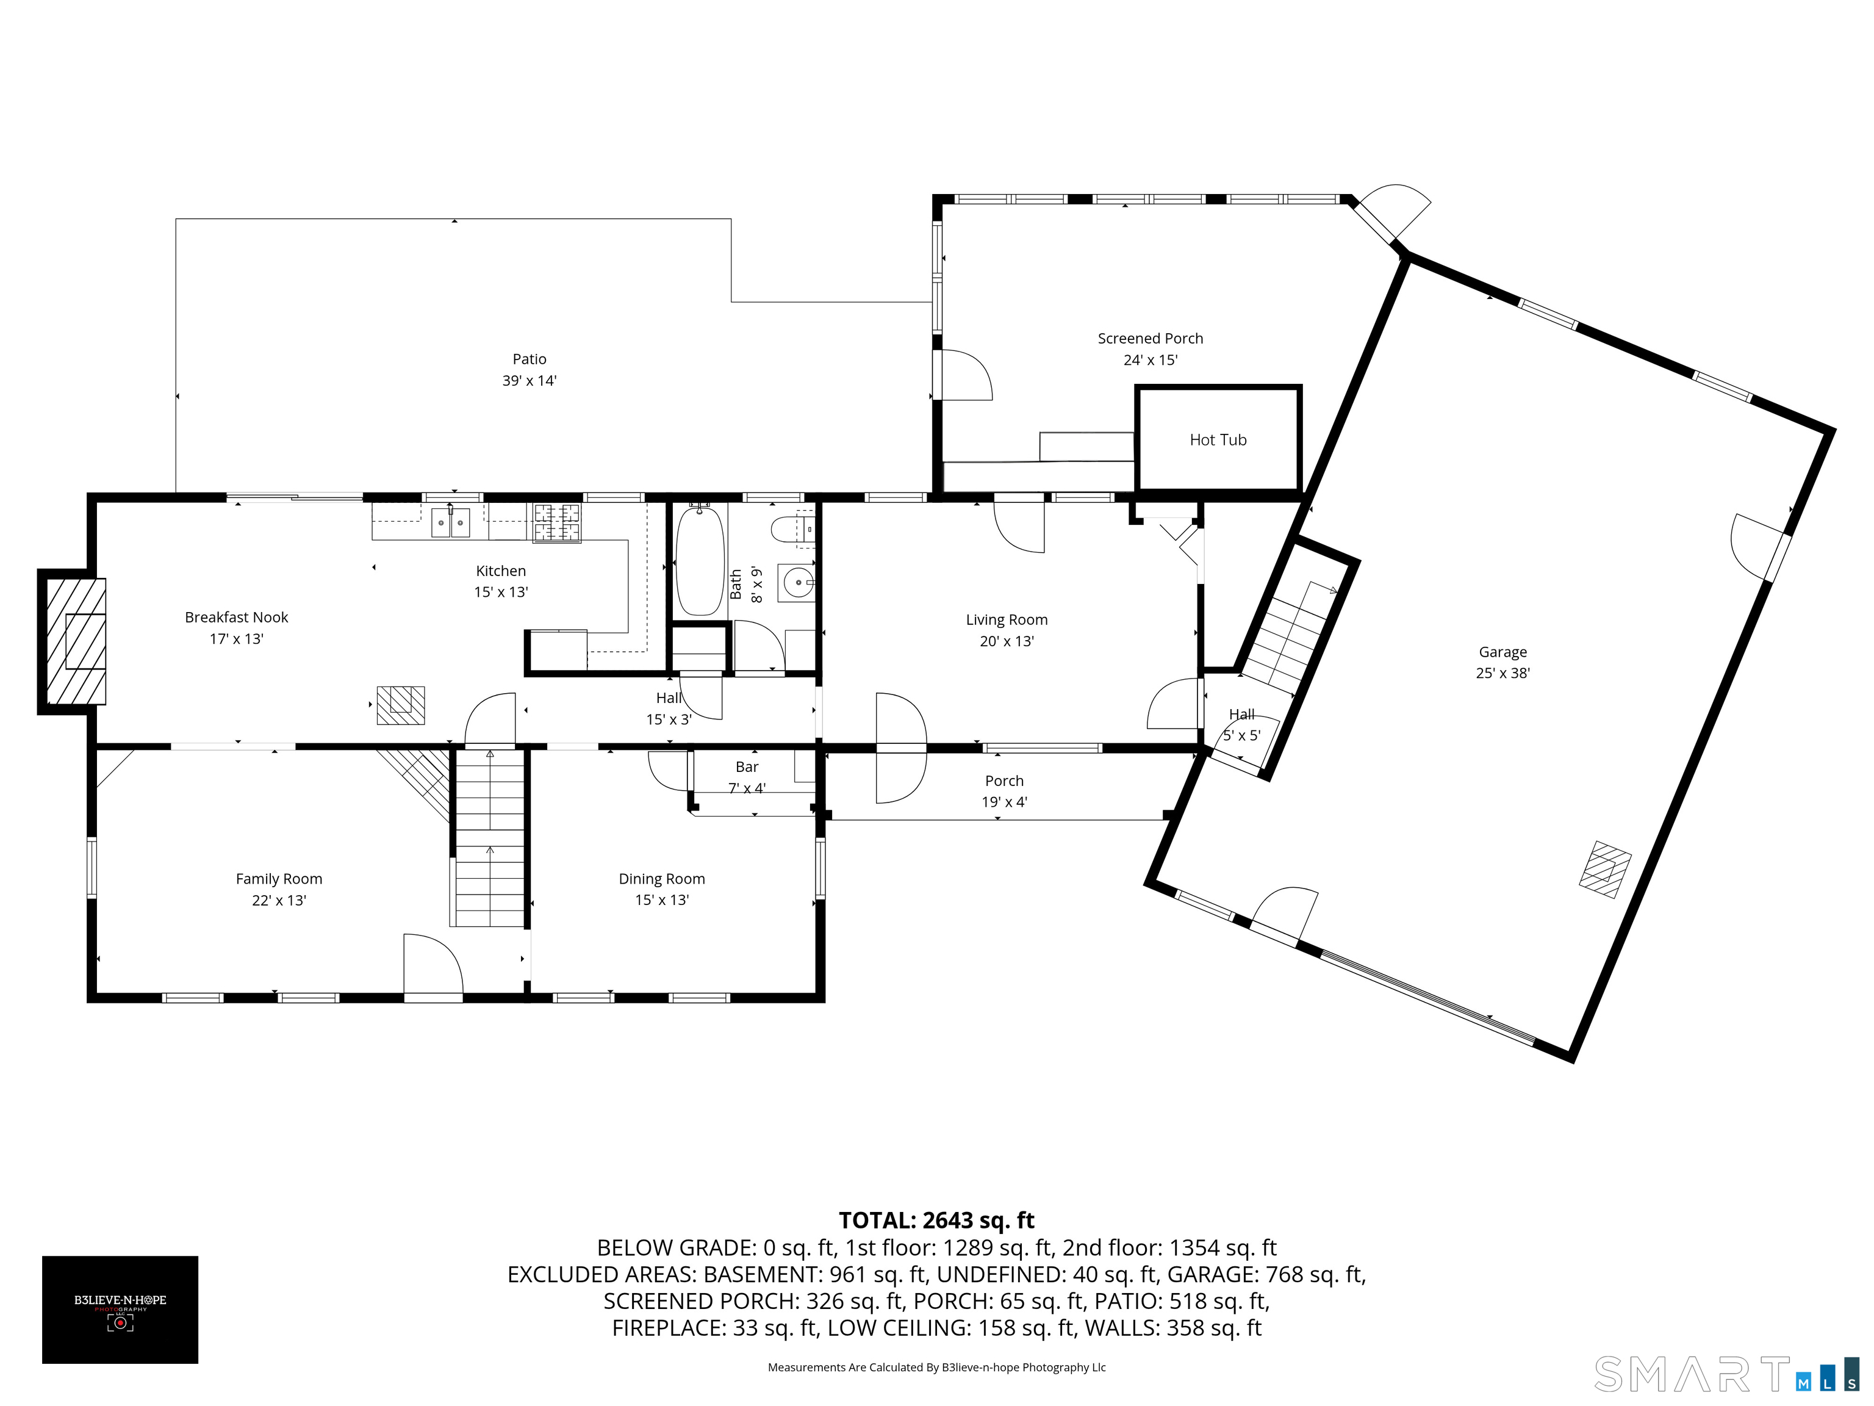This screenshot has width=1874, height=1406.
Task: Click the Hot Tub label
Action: point(1218,440)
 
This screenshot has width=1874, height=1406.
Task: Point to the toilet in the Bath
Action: point(793,530)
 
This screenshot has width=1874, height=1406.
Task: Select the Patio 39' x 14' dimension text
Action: point(530,381)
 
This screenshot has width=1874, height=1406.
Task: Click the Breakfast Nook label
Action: point(236,618)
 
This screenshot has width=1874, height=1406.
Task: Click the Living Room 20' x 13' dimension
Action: point(1007,641)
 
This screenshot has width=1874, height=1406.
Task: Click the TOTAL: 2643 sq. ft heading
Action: point(936,1220)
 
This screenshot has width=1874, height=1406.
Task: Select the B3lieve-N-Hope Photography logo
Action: point(120,1310)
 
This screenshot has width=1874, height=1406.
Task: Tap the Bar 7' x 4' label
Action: point(747,777)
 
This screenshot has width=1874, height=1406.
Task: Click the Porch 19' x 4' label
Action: point(1004,791)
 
